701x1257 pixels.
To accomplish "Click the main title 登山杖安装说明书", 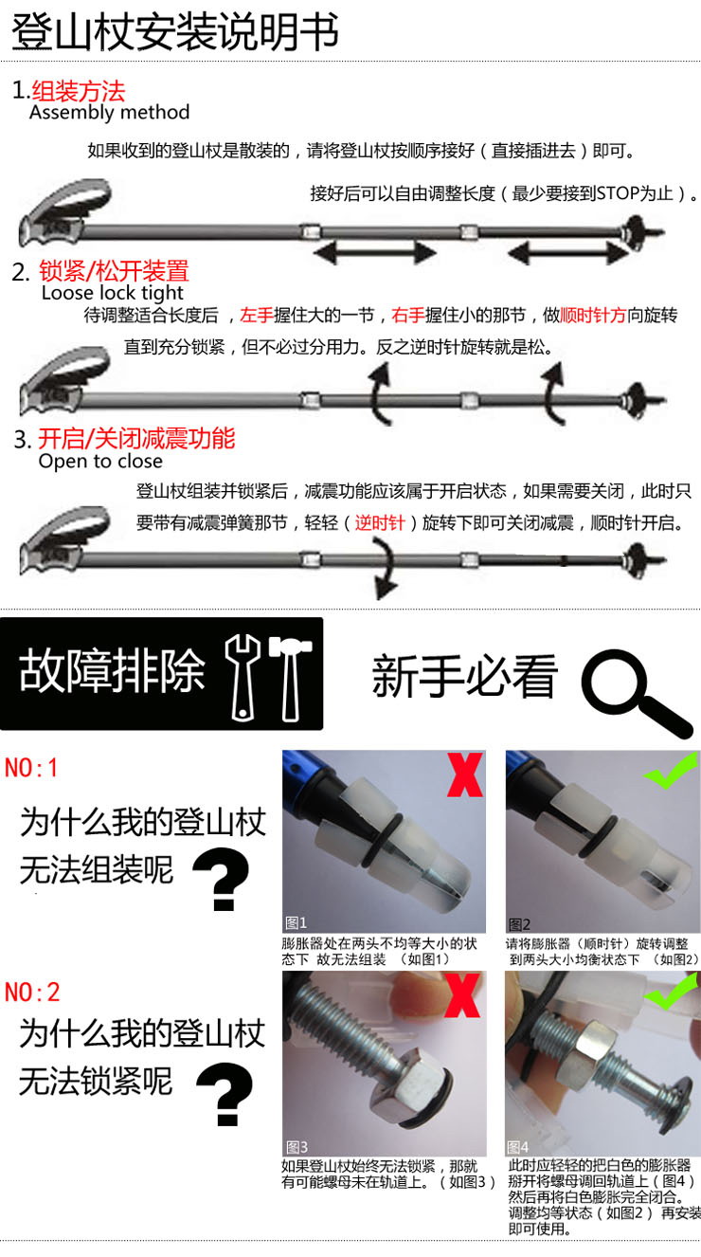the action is (175, 32).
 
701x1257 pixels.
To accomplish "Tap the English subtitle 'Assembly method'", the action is (109, 112).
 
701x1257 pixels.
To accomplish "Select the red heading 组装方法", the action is (79, 91).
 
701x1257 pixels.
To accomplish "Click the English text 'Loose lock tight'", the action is (112, 292).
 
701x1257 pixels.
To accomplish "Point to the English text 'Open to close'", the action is (100, 462).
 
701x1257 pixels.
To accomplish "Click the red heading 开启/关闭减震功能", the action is (136, 438).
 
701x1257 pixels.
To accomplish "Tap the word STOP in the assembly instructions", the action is (618, 193).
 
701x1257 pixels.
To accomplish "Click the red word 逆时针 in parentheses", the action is (380, 523).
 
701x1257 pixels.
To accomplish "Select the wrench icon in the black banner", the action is (243, 678).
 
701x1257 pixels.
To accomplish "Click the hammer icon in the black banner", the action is (290, 678).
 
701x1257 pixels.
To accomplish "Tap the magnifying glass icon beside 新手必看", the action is (637, 692).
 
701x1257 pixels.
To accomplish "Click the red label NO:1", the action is (31, 768).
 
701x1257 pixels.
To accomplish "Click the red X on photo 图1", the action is (465, 775).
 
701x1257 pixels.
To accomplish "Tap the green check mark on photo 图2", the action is (671, 770).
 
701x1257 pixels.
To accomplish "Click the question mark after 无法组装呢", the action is (222, 879).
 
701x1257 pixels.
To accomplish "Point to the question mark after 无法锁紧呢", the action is (225, 1094).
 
